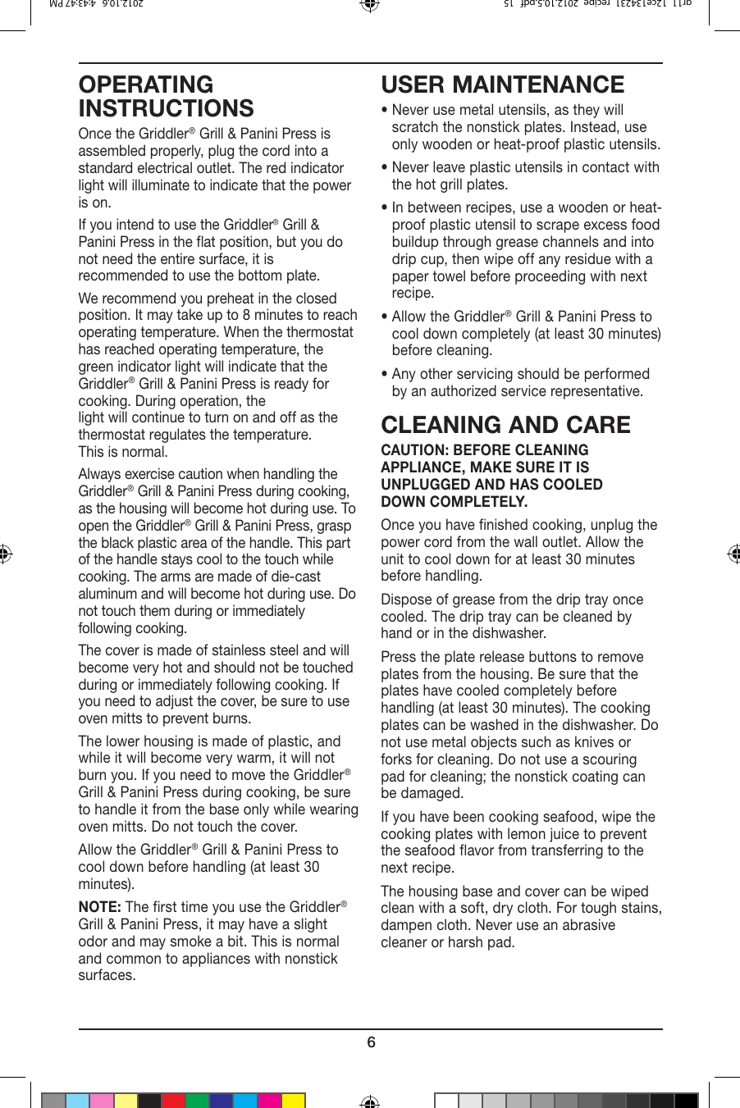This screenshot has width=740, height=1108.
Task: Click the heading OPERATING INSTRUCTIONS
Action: click(x=166, y=97)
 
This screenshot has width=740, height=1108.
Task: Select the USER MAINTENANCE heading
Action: click(x=502, y=84)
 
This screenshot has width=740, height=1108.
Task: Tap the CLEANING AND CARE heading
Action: click(x=505, y=425)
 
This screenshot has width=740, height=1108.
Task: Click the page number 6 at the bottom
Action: click(x=371, y=1042)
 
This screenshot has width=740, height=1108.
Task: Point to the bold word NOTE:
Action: click(x=99, y=907)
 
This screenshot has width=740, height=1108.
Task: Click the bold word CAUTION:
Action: click(x=414, y=450)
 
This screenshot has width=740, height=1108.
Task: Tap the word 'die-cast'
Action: click(x=293, y=577)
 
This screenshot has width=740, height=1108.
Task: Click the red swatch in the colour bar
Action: click(x=173, y=1101)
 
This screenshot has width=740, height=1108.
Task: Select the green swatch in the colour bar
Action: click(x=197, y=1101)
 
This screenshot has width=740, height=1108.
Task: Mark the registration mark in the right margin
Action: click(x=733, y=554)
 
